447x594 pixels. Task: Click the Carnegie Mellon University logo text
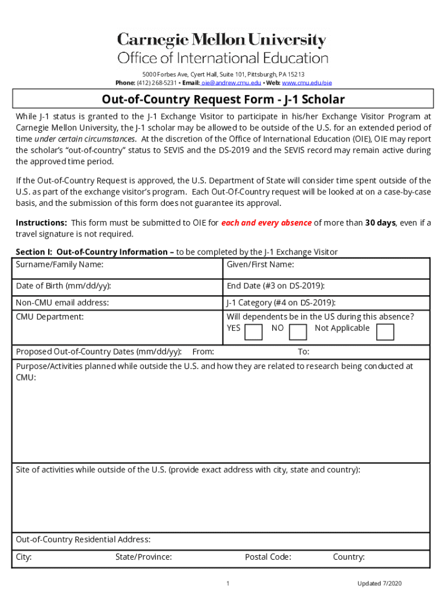(222, 40)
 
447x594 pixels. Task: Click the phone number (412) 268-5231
(152, 83)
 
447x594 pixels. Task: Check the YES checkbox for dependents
(253, 332)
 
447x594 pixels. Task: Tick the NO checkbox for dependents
(298, 332)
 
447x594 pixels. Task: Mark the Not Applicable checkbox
(385, 332)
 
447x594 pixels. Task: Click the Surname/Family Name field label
(60, 265)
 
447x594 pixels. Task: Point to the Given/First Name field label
(260, 265)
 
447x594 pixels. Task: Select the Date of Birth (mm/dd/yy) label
(64, 286)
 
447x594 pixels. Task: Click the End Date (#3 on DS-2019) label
(275, 286)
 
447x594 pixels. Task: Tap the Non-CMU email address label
(62, 302)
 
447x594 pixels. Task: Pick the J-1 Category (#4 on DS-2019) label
(281, 302)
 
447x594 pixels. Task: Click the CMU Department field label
(50, 317)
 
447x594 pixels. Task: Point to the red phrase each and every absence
(266, 223)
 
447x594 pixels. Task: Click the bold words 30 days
(380, 223)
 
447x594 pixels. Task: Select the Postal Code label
(268, 557)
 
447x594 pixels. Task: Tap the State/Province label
(143, 557)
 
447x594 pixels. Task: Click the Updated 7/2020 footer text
(380, 583)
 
